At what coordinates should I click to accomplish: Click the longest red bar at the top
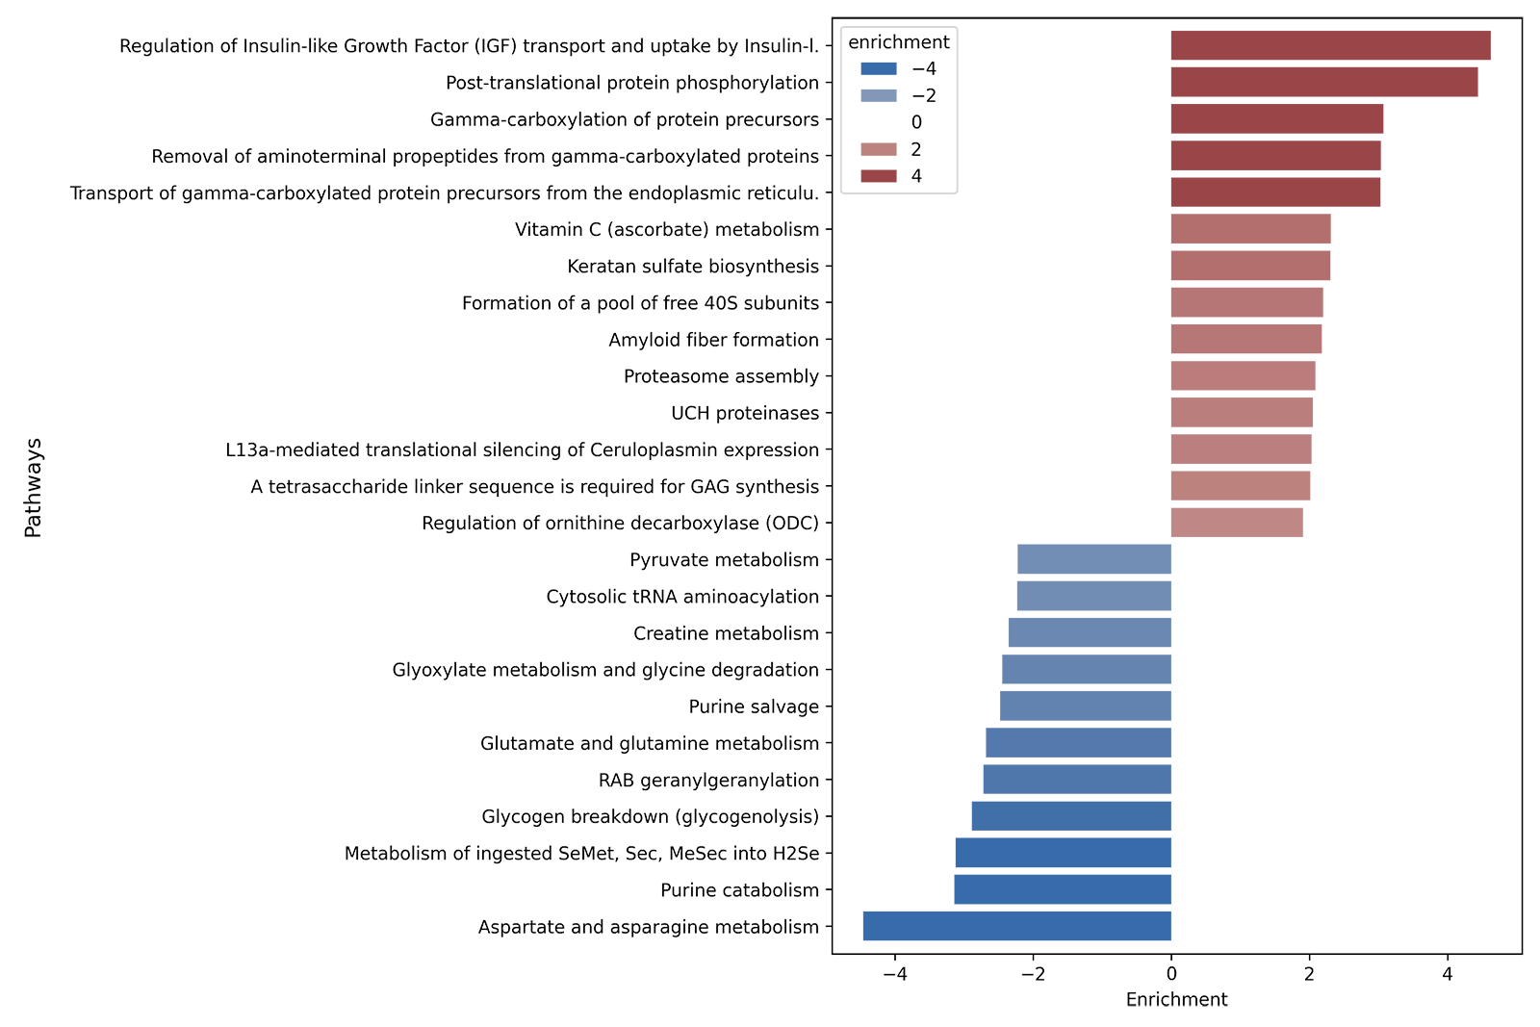pyautogui.click(x=1330, y=54)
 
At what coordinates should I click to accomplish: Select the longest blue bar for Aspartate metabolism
pyautogui.click(x=1016, y=930)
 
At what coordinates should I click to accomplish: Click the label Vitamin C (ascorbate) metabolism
pyautogui.click(x=666, y=230)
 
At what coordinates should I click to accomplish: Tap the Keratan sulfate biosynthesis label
pyautogui.click(x=693, y=267)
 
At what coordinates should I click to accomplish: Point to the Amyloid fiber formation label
pyautogui.click(x=713, y=340)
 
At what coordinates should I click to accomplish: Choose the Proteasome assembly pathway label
pyautogui.click(x=722, y=376)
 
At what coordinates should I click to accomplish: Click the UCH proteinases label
pyautogui.click(x=745, y=413)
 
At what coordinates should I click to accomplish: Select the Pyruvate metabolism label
pyautogui.click(x=725, y=560)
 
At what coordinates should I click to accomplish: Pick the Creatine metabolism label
pyautogui.click(x=726, y=633)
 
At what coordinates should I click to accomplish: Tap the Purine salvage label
pyautogui.click(x=754, y=706)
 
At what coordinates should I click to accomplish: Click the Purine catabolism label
pyautogui.click(x=740, y=890)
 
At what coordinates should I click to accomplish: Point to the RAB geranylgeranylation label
pyautogui.click(x=709, y=780)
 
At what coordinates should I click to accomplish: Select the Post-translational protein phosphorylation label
pyautogui.click(x=633, y=83)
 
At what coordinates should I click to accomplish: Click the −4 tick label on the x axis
pyautogui.click(x=894, y=974)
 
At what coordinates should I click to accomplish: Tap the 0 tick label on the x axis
pyautogui.click(x=1171, y=974)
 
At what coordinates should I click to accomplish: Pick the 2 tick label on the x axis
pyautogui.click(x=1309, y=974)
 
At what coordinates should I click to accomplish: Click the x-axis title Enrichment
pyautogui.click(x=1177, y=1000)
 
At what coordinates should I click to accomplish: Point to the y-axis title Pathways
pyautogui.click(x=34, y=486)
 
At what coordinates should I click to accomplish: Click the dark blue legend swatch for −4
pyautogui.click(x=878, y=70)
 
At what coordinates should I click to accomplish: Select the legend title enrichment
pyautogui.click(x=898, y=42)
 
